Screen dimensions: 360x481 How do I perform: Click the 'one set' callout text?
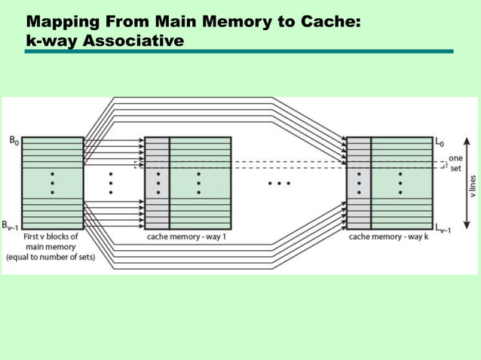click(455, 163)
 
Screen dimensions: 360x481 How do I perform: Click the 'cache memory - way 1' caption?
click(186, 237)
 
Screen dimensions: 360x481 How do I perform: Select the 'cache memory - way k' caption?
click(389, 237)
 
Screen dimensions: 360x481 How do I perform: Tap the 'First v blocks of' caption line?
click(52, 237)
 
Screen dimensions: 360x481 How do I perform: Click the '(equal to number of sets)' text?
click(52, 257)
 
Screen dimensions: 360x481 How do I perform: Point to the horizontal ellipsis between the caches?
click(279, 183)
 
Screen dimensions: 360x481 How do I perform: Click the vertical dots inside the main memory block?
click(52, 182)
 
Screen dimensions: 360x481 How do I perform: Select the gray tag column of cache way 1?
click(157, 182)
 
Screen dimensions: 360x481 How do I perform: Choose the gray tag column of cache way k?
click(359, 182)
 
